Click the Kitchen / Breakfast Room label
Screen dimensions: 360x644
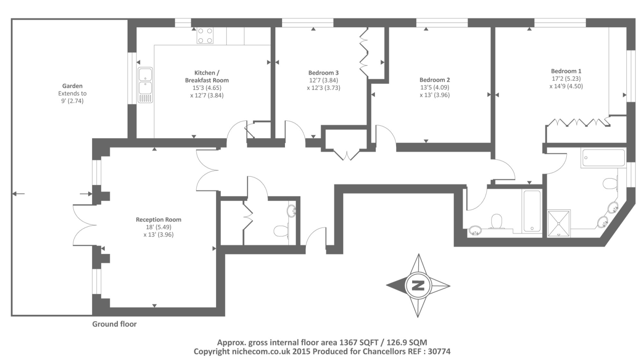[206, 77]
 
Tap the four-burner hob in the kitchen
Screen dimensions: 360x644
[204, 35]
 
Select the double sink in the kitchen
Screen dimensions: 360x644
[145, 85]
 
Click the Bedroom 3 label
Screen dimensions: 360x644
[323, 73]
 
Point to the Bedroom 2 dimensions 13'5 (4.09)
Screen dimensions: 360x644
[434, 87]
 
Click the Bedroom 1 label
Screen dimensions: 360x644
[566, 71]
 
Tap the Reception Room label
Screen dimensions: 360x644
[158, 220]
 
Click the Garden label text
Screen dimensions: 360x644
[72, 86]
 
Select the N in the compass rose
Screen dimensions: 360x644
[418, 286]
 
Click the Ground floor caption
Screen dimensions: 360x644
[114, 324]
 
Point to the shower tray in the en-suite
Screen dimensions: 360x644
[559, 223]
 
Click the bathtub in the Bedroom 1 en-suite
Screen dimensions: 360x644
[603, 158]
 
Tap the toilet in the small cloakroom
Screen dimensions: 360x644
[281, 231]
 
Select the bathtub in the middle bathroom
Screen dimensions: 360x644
[532, 211]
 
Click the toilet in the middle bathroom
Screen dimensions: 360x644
[497, 221]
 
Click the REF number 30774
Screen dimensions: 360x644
[438, 352]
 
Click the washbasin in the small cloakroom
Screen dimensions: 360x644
[291, 211]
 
